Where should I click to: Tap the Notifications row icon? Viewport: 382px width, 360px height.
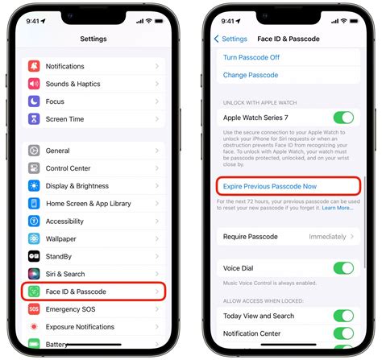click(x=35, y=66)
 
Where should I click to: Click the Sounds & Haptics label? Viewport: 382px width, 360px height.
click(x=73, y=84)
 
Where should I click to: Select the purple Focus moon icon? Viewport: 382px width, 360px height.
click(x=35, y=101)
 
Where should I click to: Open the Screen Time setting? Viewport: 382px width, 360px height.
click(x=64, y=119)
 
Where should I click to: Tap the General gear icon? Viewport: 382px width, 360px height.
click(x=35, y=151)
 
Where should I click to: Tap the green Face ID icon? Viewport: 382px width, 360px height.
click(x=35, y=292)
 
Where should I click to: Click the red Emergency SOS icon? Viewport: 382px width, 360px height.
click(x=35, y=309)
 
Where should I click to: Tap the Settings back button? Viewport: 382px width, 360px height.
click(x=231, y=39)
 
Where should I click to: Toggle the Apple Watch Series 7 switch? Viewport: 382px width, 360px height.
click(x=343, y=118)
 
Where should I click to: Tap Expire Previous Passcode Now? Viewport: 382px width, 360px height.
click(x=270, y=186)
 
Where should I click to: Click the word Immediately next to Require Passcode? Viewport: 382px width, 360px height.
click(x=327, y=237)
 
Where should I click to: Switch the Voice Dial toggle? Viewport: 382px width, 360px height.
click(x=343, y=268)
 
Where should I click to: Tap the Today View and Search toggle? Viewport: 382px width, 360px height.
click(x=343, y=315)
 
